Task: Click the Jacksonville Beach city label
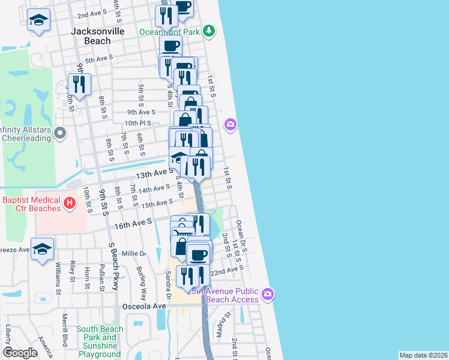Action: coord(91,36)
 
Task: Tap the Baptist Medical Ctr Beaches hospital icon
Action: coord(70,204)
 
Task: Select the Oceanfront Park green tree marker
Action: coord(208,31)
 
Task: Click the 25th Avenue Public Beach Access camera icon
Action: coord(268,294)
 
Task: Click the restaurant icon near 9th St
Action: coord(79,84)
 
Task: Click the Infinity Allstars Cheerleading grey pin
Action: coord(59,132)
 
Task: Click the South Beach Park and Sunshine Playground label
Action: coord(100,337)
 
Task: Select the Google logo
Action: coord(20,353)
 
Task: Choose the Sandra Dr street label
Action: coord(169,286)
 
